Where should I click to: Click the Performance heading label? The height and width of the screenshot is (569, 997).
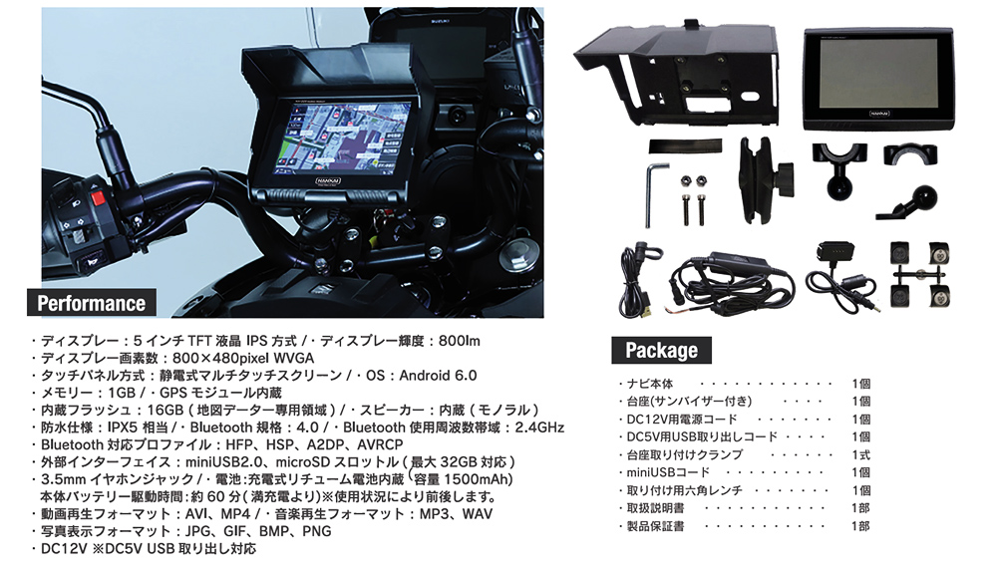point(92,303)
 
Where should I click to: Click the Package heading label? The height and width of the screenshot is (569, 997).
point(661,351)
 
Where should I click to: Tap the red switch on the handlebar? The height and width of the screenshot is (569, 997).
point(98,198)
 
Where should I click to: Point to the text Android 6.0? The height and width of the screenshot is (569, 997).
point(438,376)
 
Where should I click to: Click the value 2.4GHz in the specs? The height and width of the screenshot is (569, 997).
point(539,427)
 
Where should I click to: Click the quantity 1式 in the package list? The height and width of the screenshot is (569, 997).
point(861,455)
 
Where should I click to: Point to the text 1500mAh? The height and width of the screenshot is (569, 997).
point(478,479)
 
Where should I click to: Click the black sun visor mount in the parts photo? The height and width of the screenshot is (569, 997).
point(677,73)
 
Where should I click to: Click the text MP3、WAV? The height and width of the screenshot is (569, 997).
point(456,513)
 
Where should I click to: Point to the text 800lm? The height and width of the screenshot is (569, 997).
point(459,341)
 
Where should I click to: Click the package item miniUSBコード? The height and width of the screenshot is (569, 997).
point(668,473)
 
